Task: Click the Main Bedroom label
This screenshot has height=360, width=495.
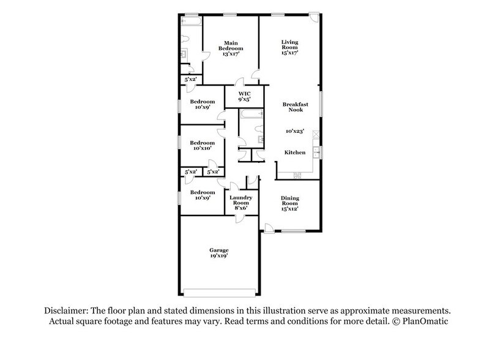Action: (231, 46)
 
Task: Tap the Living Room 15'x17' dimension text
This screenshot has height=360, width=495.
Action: (290, 53)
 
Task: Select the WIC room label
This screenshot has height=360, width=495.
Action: (244, 94)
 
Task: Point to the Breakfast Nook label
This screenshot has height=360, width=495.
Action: (295, 107)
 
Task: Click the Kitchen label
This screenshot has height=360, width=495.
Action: (295, 152)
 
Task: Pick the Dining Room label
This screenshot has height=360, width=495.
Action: (290, 201)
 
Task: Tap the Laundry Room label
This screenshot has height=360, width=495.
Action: (241, 200)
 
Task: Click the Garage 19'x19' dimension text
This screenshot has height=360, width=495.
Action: (219, 256)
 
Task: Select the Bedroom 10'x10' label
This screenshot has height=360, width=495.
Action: (202, 145)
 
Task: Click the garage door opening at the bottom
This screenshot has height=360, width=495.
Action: (220, 293)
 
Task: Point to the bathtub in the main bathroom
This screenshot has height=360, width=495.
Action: (191, 21)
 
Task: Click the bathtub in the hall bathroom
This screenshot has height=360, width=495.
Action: (251, 114)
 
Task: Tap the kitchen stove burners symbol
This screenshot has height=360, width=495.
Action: (297, 175)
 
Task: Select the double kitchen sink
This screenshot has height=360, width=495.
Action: (316, 152)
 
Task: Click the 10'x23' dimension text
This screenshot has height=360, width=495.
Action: (295, 131)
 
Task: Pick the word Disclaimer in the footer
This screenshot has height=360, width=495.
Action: (66, 311)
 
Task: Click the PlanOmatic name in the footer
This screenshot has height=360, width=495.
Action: (425, 321)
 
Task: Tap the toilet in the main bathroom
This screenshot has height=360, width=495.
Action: (185, 39)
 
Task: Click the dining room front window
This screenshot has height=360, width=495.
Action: (293, 231)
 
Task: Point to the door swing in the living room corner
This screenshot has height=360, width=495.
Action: (314, 18)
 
